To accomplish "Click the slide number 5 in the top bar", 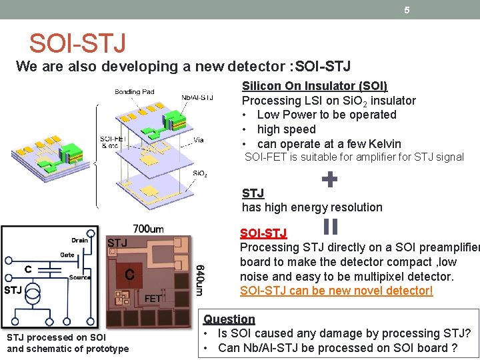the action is [407, 9].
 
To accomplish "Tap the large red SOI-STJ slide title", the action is [77, 44].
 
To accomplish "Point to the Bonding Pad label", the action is [134, 91].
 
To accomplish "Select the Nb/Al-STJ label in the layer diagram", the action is [197, 97].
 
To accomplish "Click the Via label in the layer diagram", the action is [199, 141].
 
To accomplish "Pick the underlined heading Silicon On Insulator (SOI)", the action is [314, 86].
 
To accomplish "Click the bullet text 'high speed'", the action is [286, 129].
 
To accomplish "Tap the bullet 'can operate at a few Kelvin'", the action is [329, 144].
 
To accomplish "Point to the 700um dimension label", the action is [148, 229].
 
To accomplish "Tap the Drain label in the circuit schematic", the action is [79, 240].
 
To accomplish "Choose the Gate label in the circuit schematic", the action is [67, 255].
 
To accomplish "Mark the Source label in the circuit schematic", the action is [79, 277].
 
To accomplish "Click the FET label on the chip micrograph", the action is [153, 299].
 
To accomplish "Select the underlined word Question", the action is [229, 319].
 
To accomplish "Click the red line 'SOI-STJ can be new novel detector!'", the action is [336, 291].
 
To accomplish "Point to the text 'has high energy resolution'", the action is [312, 207].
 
